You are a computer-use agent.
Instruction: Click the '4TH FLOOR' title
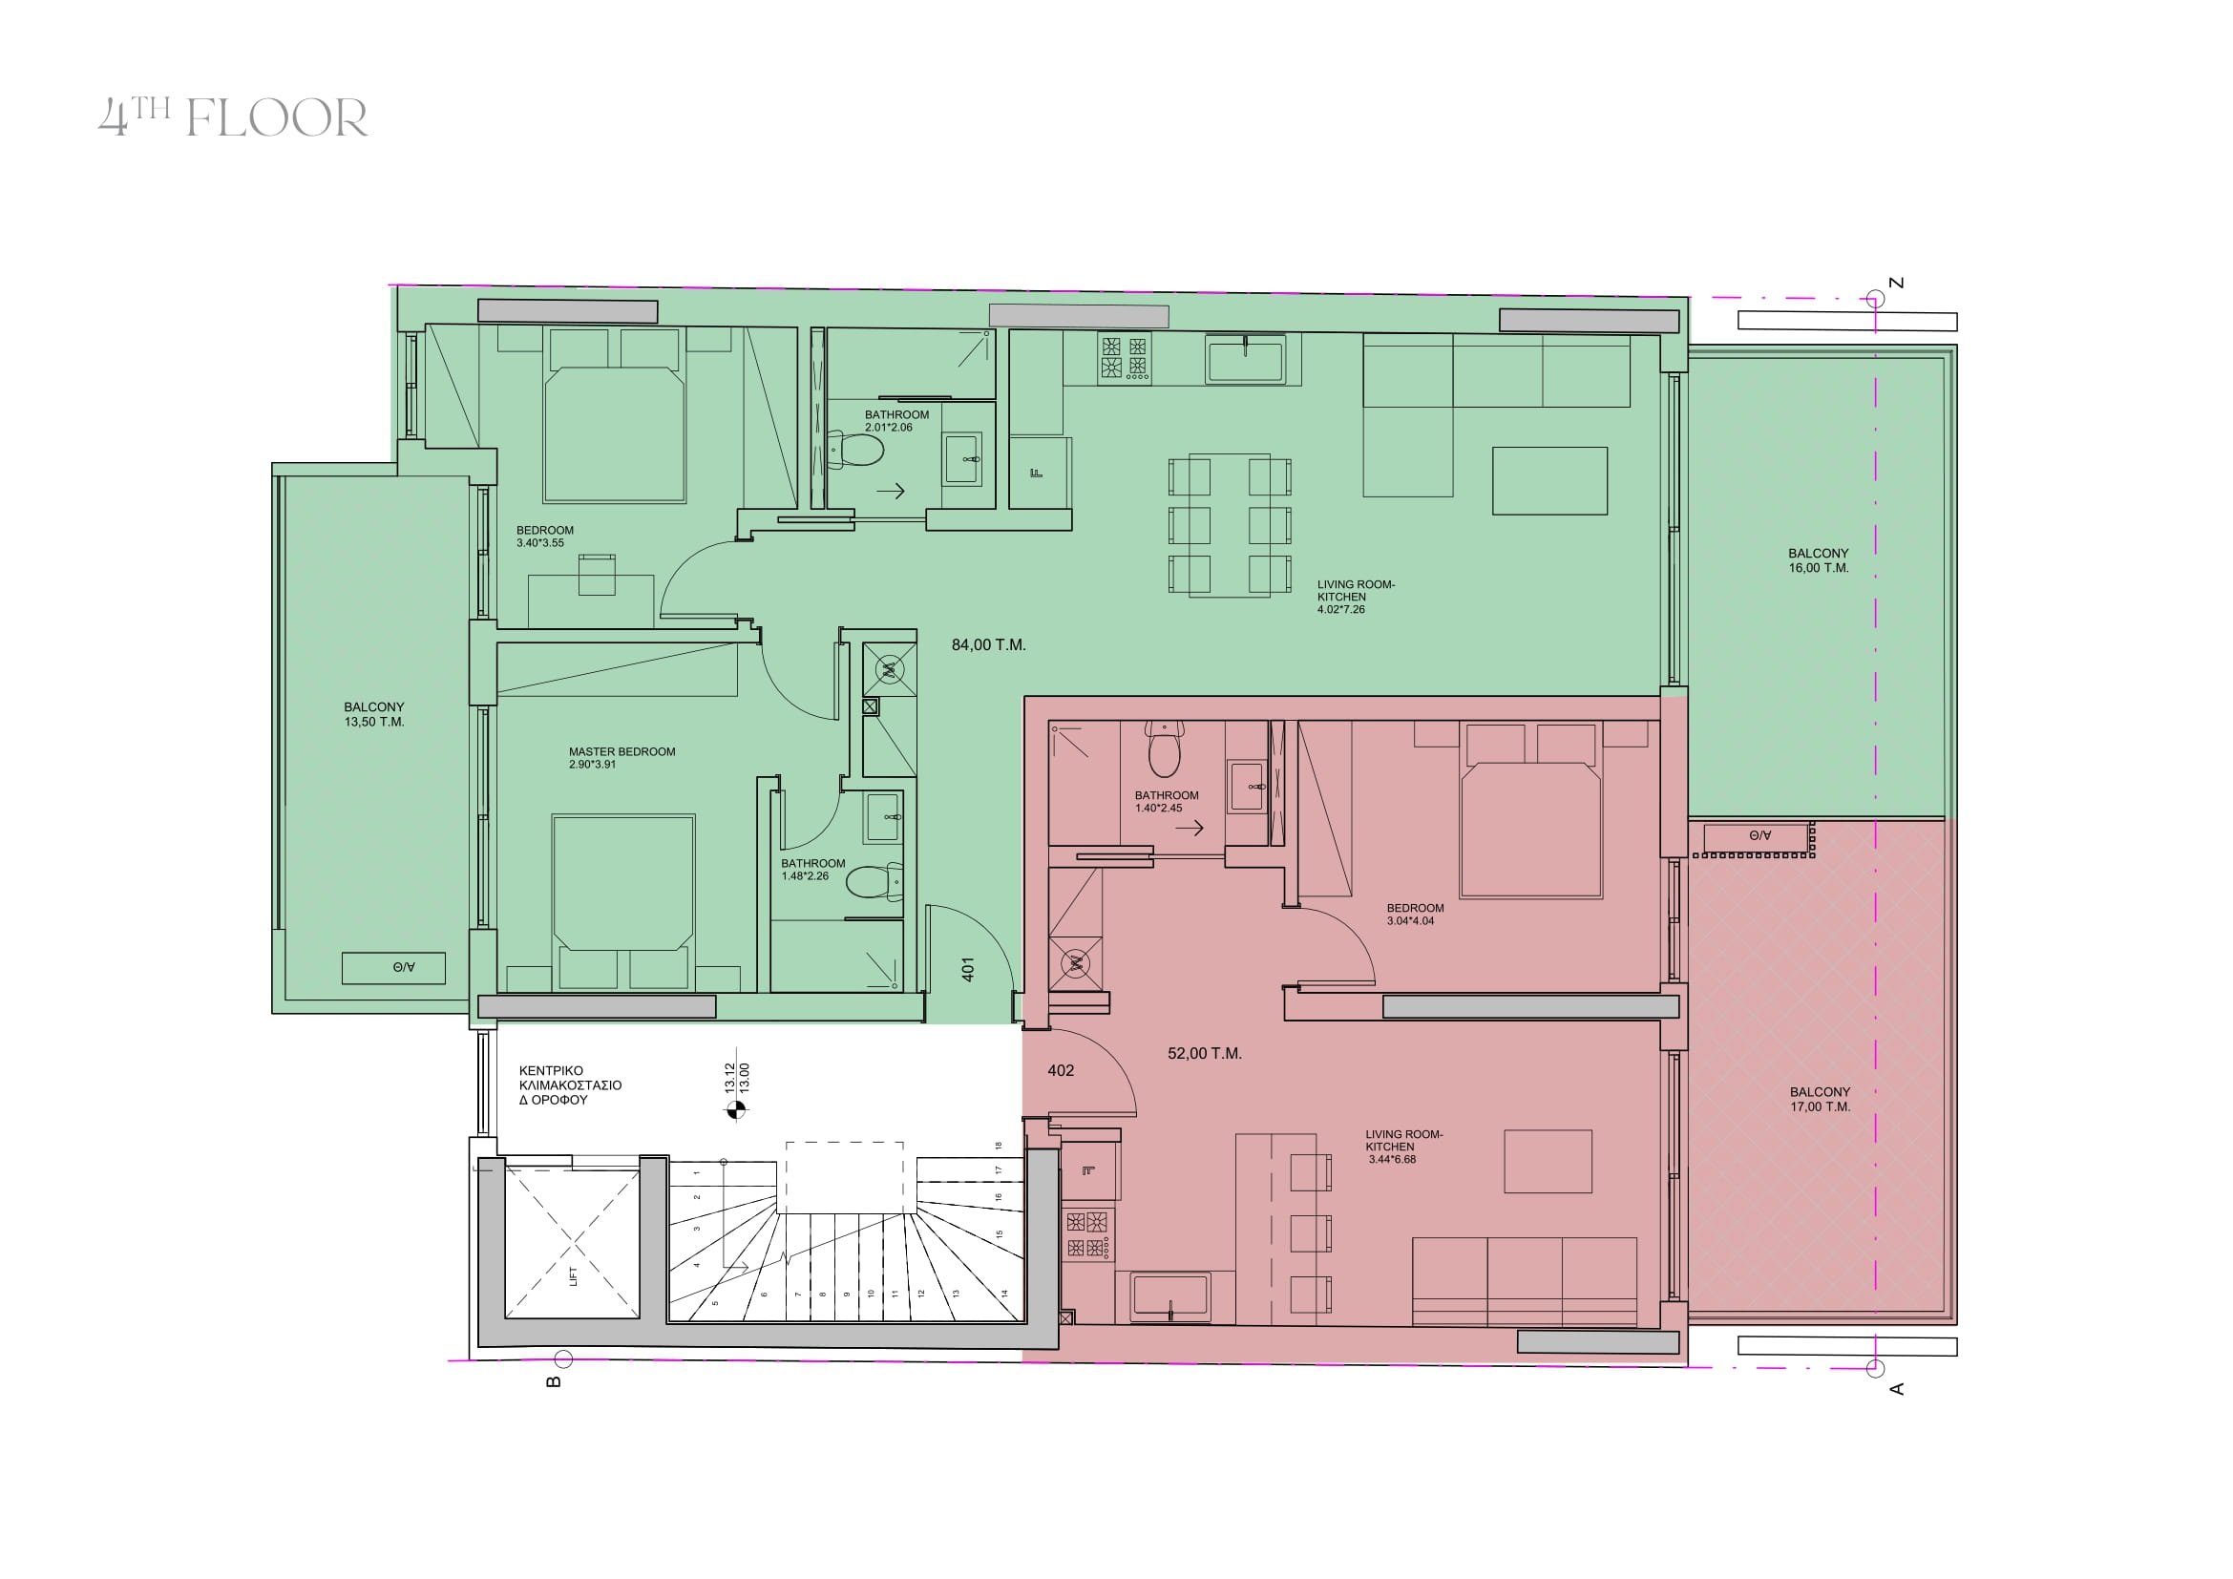233,117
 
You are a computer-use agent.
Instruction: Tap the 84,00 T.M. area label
988,644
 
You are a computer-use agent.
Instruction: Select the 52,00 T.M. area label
1204,1053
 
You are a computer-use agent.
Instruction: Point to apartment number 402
1060,1070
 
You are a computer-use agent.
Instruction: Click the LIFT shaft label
574,1275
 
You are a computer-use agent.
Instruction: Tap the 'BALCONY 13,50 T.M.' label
373,715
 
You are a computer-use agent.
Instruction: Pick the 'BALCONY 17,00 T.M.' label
1820,1099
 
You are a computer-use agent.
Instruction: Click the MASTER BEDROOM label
621,751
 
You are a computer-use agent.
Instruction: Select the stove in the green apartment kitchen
1124,357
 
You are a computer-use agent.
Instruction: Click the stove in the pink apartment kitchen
1088,1233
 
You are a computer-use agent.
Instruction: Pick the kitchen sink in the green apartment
1246,359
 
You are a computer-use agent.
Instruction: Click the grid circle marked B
562,1358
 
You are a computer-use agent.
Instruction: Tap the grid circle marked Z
1874,298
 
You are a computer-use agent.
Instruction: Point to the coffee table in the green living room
1550,480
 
